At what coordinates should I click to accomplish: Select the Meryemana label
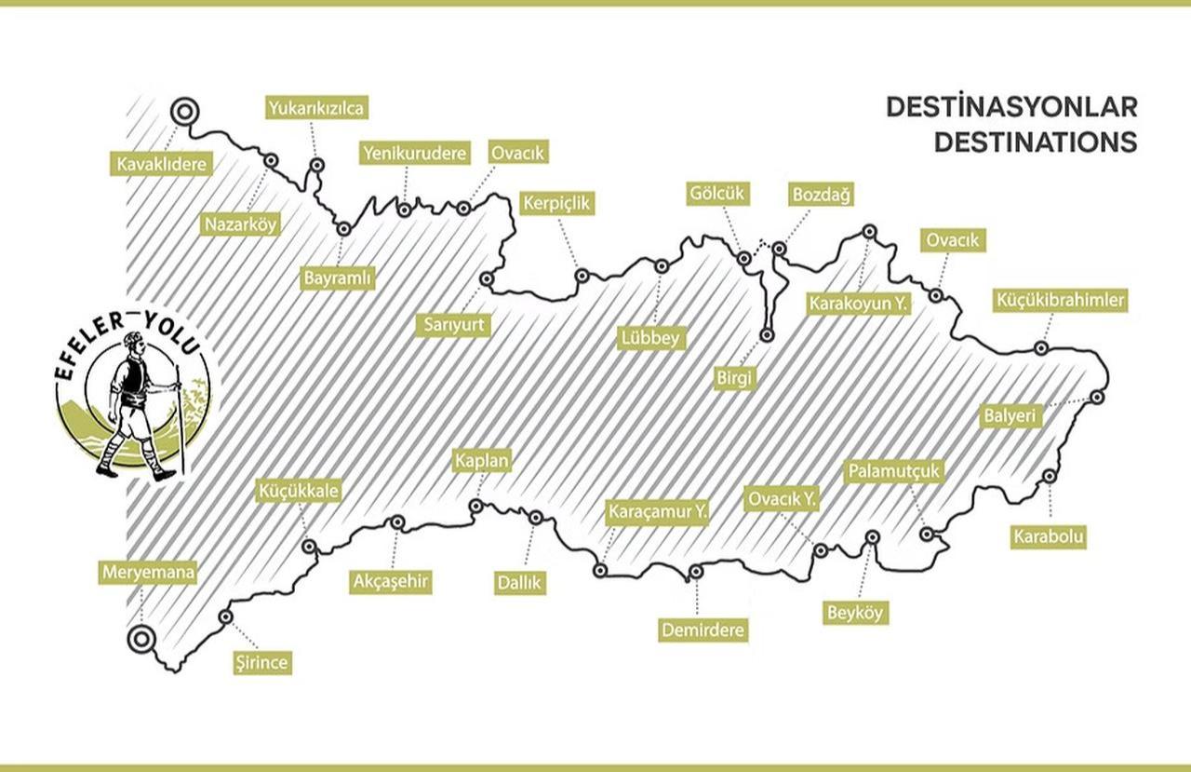pyautogui.click(x=148, y=572)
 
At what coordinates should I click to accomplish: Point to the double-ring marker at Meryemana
pyautogui.click(x=141, y=640)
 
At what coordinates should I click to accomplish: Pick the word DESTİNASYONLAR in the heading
pyautogui.click(x=1011, y=106)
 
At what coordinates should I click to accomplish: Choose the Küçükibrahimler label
pyautogui.click(x=1061, y=301)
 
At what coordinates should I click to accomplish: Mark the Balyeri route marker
pyautogui.click(x=1098, y=398)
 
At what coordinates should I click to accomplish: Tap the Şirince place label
pyautogui.click(x=261, y=663)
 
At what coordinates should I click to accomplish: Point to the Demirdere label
pyautogui.click(x=703, y=630)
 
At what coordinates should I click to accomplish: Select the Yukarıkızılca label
pyautogui.click(x=315, y=108)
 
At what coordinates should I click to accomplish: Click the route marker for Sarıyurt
pyautogui.click(x=486, y=278)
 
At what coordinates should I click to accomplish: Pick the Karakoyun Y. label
pyautogui.click(x=858, y=304)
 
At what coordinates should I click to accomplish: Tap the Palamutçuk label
pyautogui.click(x=894, y=471)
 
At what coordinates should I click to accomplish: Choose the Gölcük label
pyautogui.click(x=718, y=194)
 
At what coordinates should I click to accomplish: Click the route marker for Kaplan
pyautogui.click(x=475, y=506)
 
